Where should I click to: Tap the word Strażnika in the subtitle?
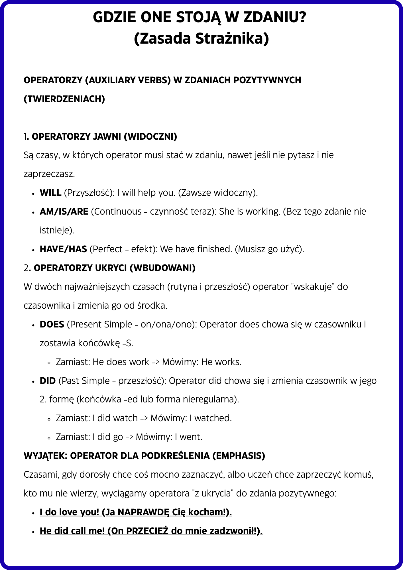point(232,39)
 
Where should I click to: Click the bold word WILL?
point(50,193)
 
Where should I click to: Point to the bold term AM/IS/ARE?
point(64,212)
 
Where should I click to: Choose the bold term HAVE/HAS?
point(63,249)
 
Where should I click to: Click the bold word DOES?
point(52,325)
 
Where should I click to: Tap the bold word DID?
point(48,381)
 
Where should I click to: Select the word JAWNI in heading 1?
point(107,137)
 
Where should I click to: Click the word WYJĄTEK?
point(46,456)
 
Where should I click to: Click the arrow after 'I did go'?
point(129,437)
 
